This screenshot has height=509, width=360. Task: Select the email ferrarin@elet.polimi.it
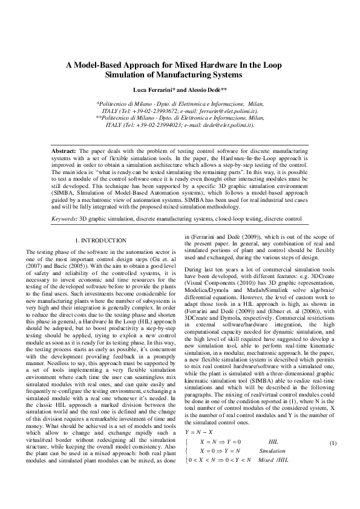point(227,112)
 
